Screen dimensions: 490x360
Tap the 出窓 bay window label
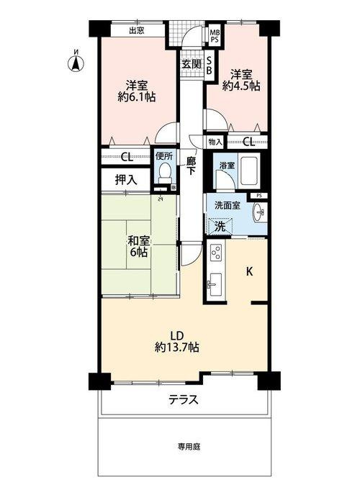(137, 30)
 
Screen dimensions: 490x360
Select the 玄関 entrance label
(191, 63)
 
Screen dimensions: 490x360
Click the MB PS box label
(215, 35)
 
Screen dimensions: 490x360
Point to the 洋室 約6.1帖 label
(138, 90)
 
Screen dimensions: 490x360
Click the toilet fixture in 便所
(164, 171)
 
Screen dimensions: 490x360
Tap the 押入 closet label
(126, 179)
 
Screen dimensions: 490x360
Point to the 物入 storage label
(215, 142)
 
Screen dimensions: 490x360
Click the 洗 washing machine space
(222, 226)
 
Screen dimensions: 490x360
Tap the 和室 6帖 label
(140, 246)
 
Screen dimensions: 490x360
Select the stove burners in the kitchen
(215, 254)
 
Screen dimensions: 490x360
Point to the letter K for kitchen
(249, 271)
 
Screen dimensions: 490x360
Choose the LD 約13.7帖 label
(176, 341)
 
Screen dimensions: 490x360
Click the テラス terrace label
(184, 400)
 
